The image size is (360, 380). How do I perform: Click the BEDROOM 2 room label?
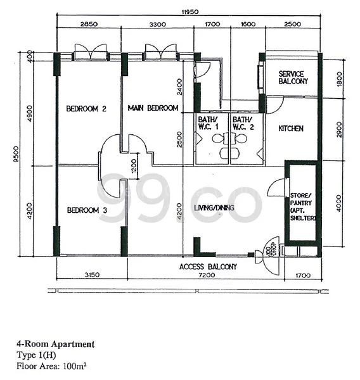(x=86, y=108)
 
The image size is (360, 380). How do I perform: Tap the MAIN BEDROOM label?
(x=153, y=108)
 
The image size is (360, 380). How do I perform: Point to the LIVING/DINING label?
(x=214, y=207)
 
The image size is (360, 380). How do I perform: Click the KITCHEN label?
(x=291, y=129)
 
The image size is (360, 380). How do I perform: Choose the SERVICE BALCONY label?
(x=293, y=78)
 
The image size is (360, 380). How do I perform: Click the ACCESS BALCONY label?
(x=209, y=267)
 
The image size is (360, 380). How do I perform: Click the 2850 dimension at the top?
(x=89, y=25)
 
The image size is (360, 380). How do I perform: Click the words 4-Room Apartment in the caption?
(x=56, y=345)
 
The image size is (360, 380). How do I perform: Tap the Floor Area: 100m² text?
(x=51, y=366)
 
